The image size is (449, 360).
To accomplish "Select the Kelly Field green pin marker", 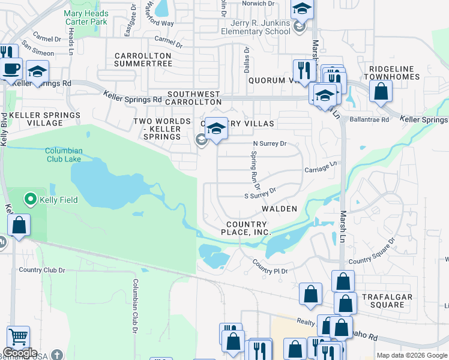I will (x=29, y=199).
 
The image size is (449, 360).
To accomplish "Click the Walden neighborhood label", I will (x=279, y=209).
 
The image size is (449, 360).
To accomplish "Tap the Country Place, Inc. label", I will (x=246, y=228).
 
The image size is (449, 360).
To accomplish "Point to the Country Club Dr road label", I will (x=41, y=270).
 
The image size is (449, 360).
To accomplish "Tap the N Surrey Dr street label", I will (x=270, y=144).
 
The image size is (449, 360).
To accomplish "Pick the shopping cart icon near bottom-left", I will (x=18, y=338).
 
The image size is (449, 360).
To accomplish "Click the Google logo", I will (x=20, y=353).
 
